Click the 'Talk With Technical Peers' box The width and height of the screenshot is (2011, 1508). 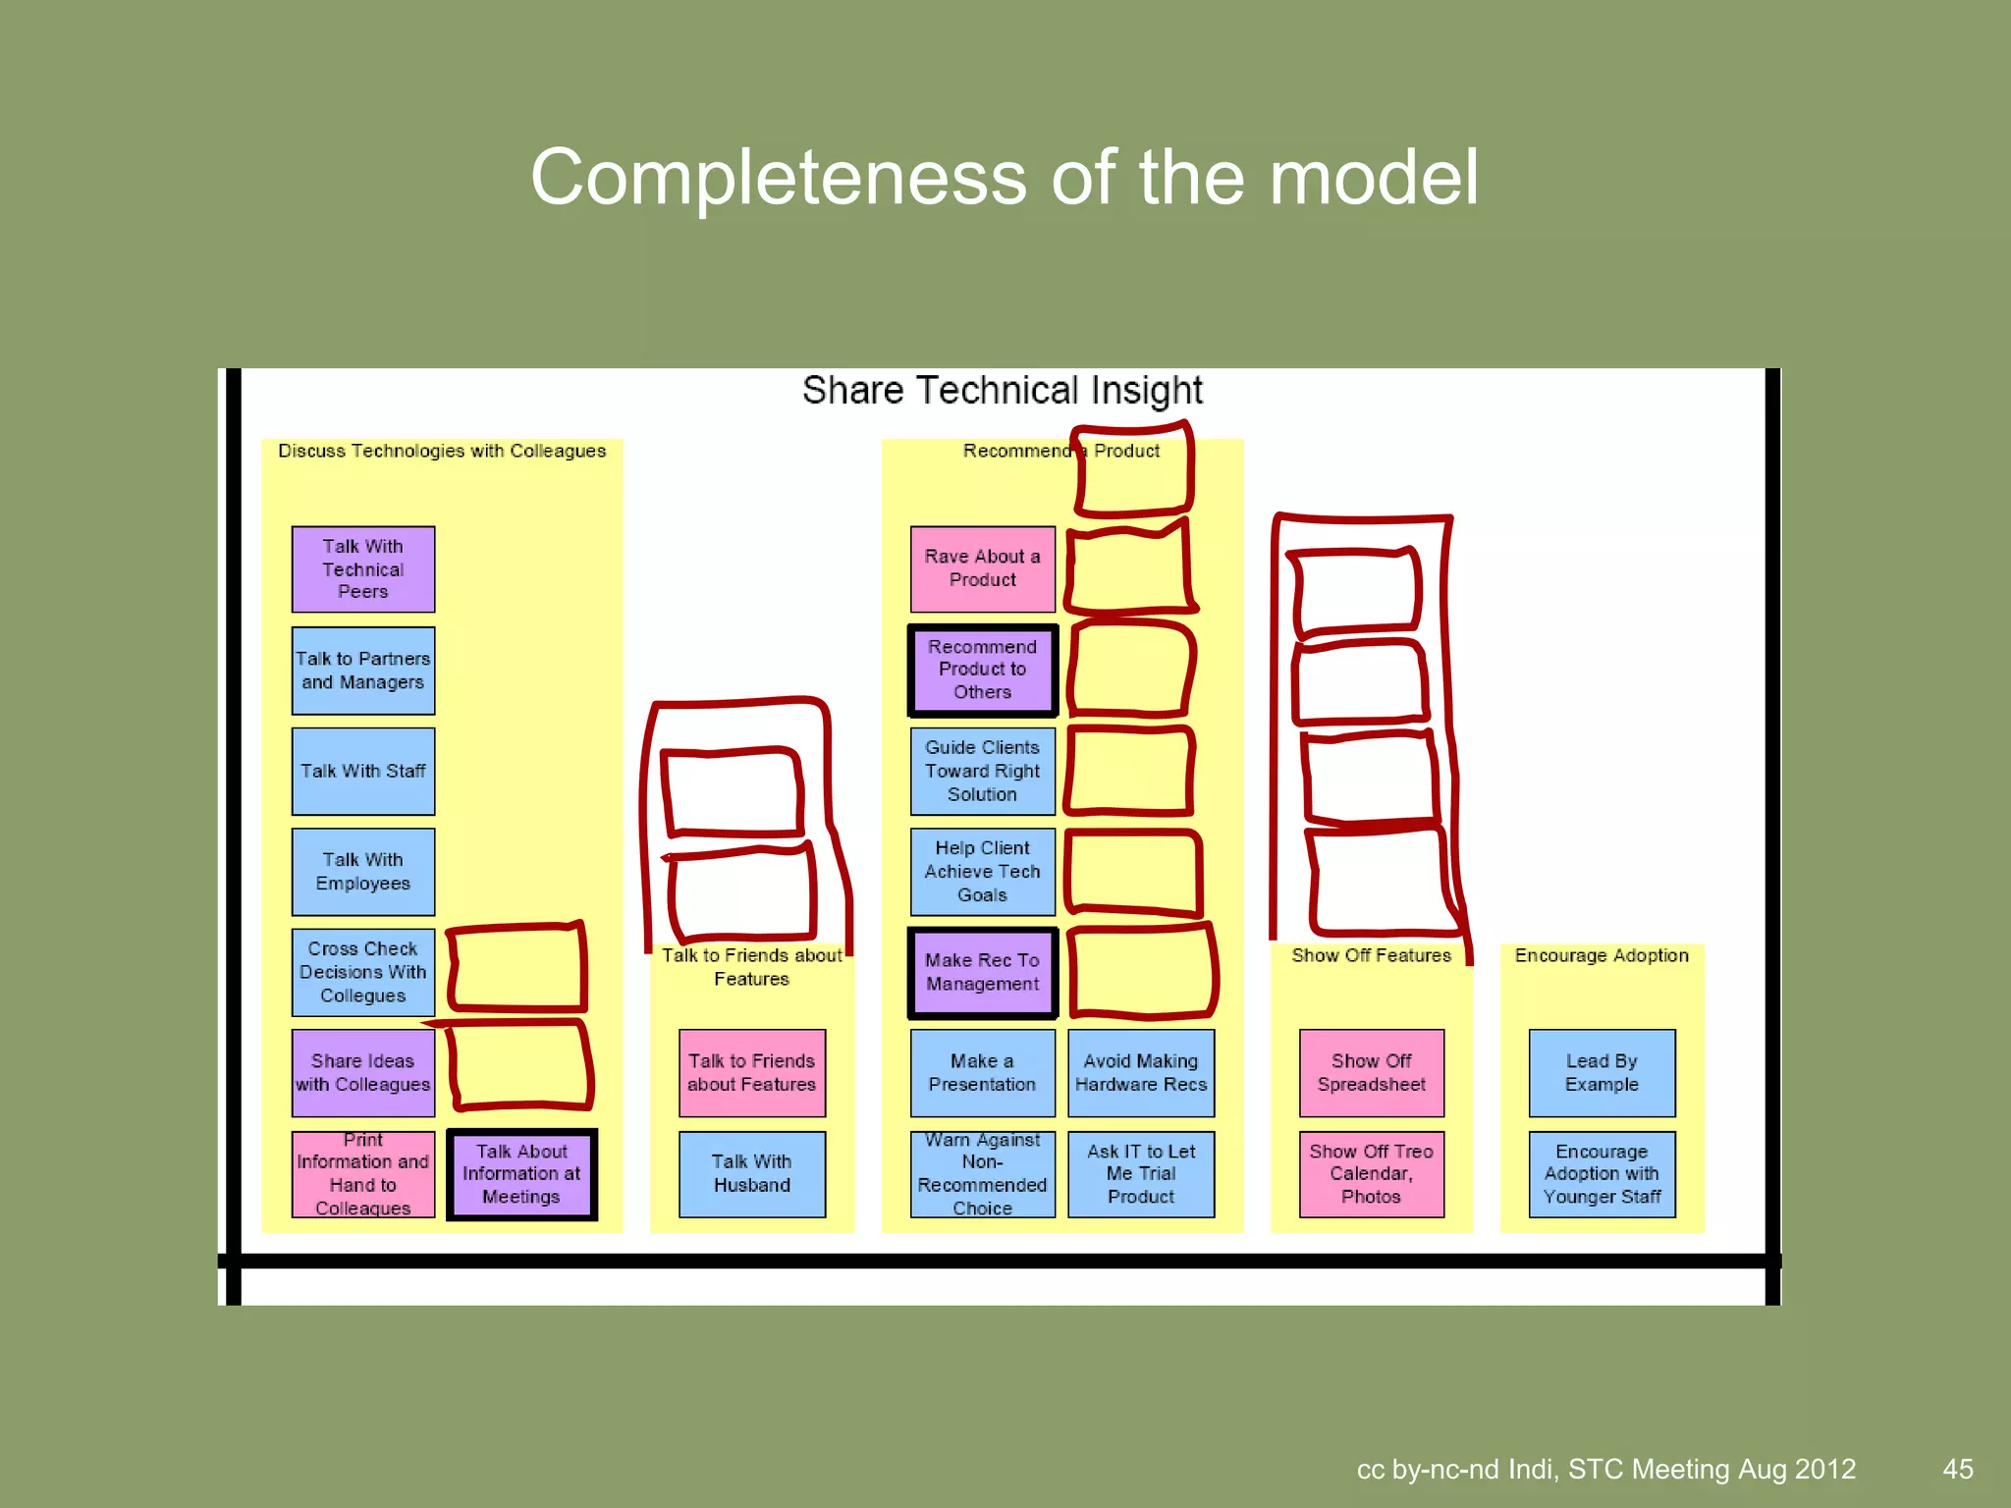(362, 569)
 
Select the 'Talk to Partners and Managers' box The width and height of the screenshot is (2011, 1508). (362, 671)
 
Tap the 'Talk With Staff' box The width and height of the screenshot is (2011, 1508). (362, 772)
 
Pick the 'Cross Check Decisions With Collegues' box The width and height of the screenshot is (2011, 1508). (362, 972)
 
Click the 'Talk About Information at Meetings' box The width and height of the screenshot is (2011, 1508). (521, 1174)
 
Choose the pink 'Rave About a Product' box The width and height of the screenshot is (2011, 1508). (982, 568)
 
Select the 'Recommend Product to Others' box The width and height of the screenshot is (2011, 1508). (982, 670)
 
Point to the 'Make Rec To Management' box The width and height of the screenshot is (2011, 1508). (982, 972)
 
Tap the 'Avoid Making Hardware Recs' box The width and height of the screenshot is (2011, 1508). (1140, 1073)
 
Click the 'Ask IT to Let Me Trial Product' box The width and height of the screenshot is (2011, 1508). (1140, 1174)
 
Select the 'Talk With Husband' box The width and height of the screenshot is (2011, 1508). (751, 1174)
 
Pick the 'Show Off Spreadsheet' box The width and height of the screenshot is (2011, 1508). (1371, 1073)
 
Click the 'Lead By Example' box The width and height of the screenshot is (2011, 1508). (1602, 1073)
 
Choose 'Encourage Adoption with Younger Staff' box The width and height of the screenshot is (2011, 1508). (1602, 1174)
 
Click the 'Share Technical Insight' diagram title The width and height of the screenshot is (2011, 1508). (1002, 391)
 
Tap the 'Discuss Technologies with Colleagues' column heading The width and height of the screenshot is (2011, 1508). (442, 451)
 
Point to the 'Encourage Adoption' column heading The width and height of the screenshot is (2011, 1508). (1602, 955)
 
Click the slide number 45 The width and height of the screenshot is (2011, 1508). (1957, 1469)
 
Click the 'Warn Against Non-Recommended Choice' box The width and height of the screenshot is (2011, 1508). (982, 1174)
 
